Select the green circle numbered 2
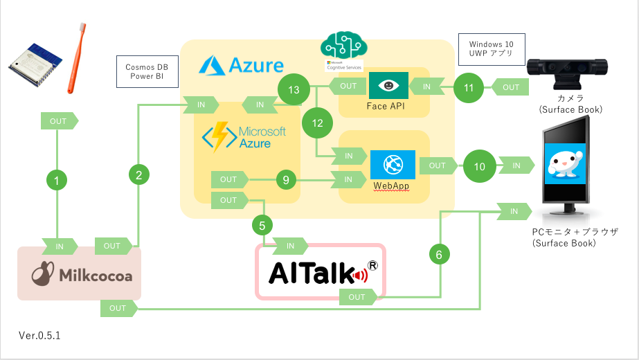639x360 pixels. coord(139,174)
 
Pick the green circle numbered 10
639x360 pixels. coord(479,166)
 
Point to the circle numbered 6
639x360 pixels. coord(438,254)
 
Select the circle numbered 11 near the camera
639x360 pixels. coord(469,87)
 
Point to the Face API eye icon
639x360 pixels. coord(388,86)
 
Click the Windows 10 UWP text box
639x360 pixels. coord(492,50)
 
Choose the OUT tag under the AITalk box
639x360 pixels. coord(358,297)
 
